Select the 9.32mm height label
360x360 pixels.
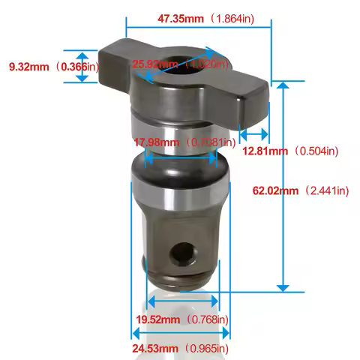(28, 67)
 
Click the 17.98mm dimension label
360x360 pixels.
(156, 142)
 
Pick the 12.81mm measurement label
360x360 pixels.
(264, 151)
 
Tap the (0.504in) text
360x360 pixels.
(317, 151)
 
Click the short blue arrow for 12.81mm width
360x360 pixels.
(253, 135)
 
